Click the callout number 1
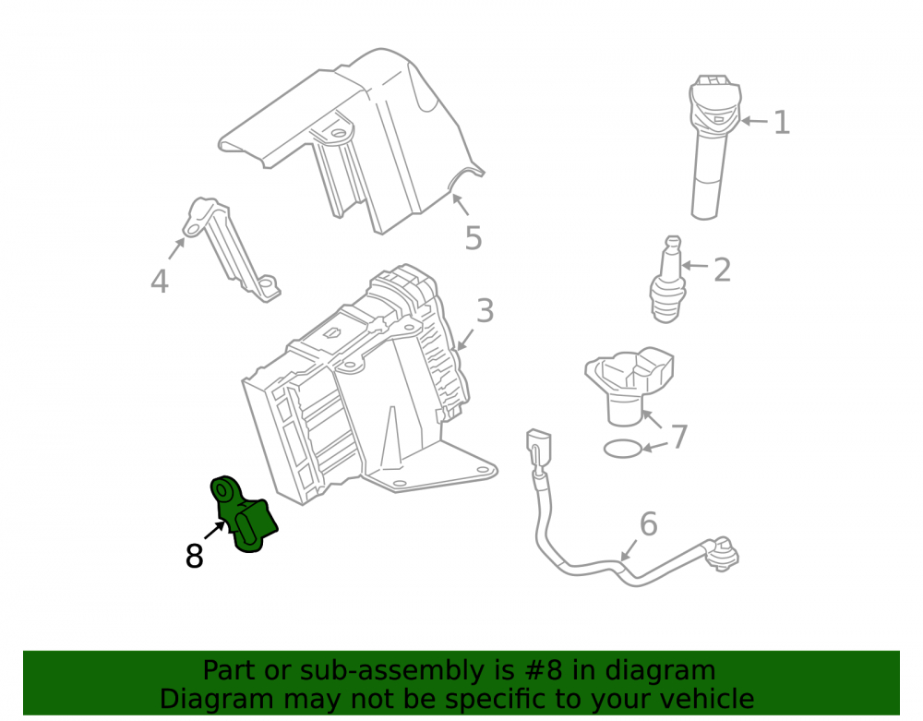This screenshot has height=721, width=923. point(782,123)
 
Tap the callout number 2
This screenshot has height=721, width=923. point(723,270)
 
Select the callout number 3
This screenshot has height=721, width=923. point(485,311)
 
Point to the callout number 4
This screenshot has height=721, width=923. point(160,281)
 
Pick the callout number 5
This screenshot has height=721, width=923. point(473,238)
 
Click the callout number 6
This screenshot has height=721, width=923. point(648,523)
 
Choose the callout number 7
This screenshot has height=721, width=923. point(680,437)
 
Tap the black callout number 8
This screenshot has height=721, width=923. point(194,556)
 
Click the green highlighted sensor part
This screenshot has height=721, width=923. point(243,514)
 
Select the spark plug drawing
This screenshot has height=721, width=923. point(668,280)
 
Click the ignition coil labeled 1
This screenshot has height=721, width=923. point(713,147)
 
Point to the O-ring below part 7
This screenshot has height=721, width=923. point(623,449)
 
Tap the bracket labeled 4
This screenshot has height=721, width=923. point(231,250)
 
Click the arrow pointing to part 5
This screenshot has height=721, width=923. point(461,204)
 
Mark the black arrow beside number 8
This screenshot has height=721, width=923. point(215,530)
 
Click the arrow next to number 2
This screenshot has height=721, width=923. point(694,266)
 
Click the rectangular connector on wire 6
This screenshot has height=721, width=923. point(539,446)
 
